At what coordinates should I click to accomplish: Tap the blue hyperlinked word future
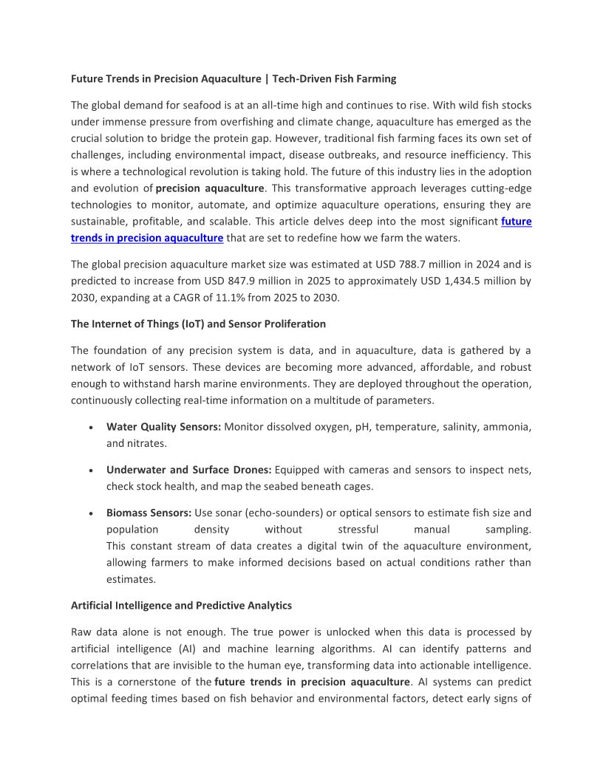pos(517,221)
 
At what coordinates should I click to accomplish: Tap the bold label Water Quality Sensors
pos(163,427)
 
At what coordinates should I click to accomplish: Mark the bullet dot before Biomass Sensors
pos(89,513)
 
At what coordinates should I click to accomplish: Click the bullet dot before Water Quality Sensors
pos(89,428)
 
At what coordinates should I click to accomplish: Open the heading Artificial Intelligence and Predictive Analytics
pos(181,606)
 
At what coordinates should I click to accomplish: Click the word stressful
pos(358,529)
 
